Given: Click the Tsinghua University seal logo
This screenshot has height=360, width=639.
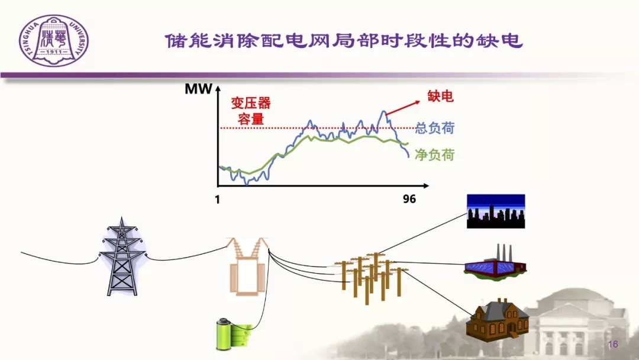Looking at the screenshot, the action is click(54, 41).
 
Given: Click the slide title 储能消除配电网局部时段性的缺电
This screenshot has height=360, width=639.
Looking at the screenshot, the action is click(344, 41).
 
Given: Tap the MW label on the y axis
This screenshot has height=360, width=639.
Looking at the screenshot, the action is click(198, 89).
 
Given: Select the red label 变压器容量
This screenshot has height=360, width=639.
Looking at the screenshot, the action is click(251, 111).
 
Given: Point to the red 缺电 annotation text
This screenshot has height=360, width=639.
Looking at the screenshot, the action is click(440, 97).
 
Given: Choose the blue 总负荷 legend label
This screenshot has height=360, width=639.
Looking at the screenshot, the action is click(435, 128).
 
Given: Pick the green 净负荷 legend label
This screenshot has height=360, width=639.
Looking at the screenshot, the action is click(435, 155).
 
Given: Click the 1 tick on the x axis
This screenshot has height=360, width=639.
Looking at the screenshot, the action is click(217, 200).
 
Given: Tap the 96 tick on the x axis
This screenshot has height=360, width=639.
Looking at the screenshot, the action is click(409, 199).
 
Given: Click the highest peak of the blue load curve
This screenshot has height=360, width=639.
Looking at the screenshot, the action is click(383, 111).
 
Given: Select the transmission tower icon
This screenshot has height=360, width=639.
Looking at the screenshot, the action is click(122, 256).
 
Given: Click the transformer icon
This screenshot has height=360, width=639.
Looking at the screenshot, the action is click(247, 266).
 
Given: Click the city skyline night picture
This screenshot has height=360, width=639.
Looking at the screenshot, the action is click(496, 211).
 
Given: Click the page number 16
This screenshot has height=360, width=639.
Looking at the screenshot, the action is click(613, 344).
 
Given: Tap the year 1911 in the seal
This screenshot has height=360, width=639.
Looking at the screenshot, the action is click(54, 52).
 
